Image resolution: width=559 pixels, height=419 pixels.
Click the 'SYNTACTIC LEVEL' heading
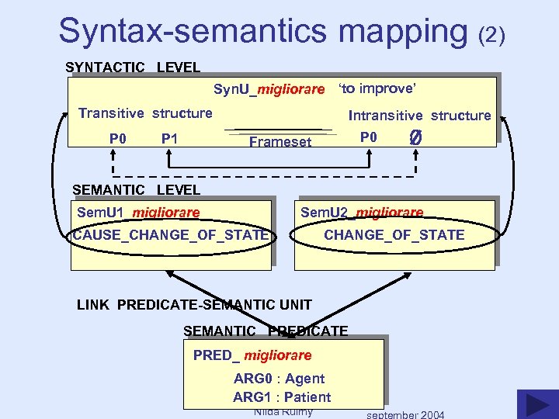133,68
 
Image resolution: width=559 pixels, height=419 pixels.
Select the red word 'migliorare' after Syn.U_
291,90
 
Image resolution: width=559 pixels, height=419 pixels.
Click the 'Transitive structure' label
145,113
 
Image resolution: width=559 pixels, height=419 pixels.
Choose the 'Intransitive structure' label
419,116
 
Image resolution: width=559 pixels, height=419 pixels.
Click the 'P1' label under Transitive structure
169,139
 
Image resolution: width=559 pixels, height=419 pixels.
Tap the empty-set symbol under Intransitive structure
415,138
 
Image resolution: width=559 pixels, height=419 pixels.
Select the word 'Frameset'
280,141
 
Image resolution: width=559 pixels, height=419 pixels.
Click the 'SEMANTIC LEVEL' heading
136,189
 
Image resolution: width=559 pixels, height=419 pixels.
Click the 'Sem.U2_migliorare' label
362,213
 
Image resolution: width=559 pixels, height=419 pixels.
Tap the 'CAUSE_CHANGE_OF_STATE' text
171,234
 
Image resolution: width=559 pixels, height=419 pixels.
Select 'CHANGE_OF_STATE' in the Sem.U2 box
394,234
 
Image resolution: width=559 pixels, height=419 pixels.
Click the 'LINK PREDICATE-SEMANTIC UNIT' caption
194,305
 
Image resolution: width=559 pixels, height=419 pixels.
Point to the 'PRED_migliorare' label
252,355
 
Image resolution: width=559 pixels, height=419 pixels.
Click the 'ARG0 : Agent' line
279,379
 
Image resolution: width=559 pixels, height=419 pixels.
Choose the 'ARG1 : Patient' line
282,397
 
